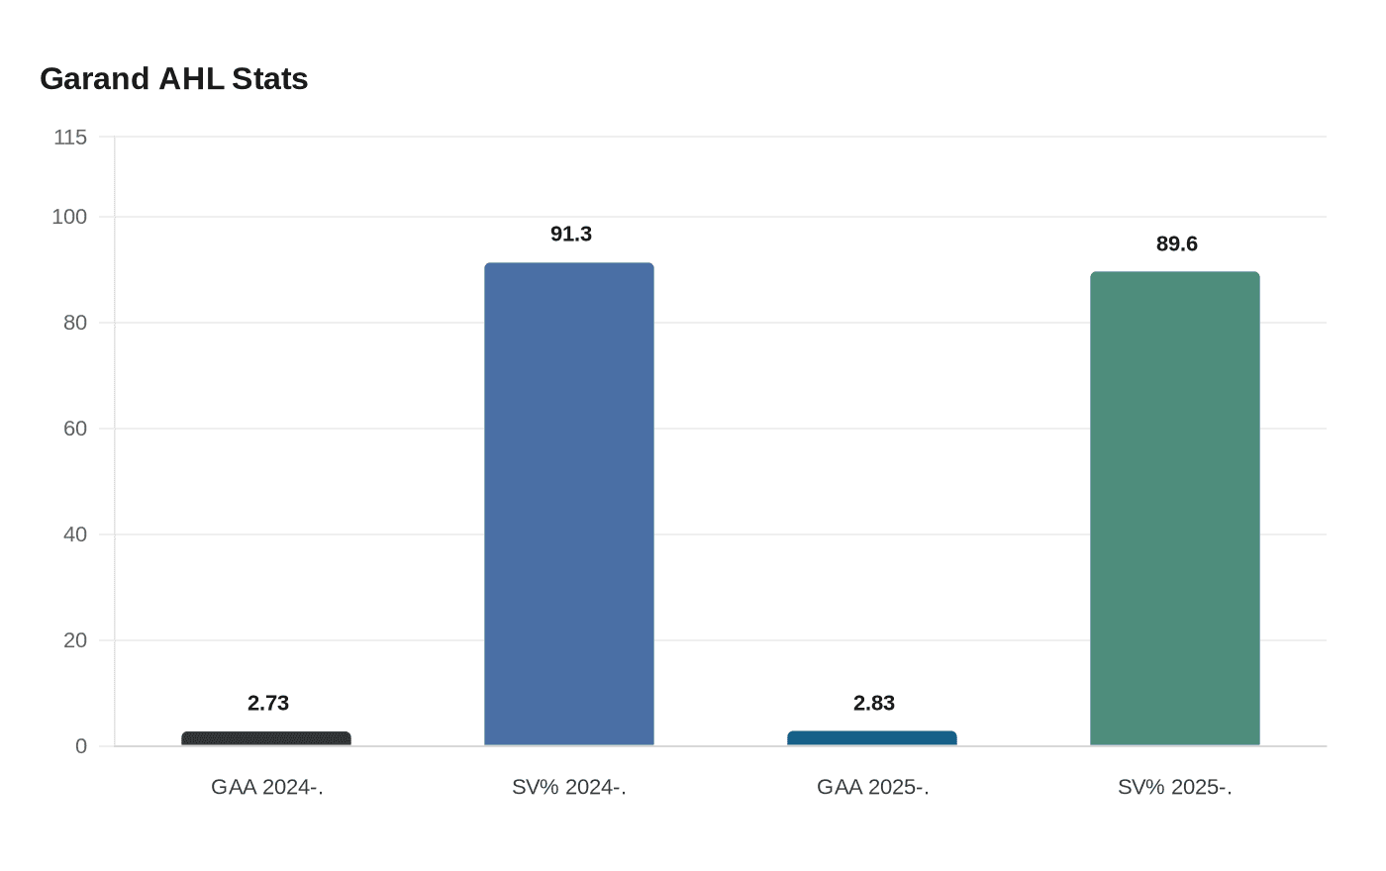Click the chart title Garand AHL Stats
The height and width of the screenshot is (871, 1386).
click(x=173, y=79)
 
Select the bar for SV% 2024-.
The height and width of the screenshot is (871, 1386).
click(x=569, y=505)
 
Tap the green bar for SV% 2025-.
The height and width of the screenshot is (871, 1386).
click(x=1175, y=509)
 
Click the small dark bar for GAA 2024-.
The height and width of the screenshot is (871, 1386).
click(x=266, y=738)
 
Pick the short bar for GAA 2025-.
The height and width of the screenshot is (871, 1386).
click(x=872, y=738)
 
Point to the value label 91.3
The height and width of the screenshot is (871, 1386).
click(x=571, y=235)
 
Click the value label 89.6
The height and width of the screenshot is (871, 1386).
click(x=1177, y=244)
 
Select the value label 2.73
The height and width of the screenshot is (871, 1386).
click(x=268, y=704)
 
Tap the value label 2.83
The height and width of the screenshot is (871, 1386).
click(x=874, y=704)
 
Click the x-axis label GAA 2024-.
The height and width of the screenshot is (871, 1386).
click(x=267, y=788)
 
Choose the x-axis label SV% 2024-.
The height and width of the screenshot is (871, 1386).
click(x=569, y=788)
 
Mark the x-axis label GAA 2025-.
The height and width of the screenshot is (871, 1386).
click(x=873, y=788)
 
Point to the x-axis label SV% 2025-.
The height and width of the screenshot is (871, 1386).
click(x=1175, y=788)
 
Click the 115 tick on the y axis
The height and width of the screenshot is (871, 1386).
click(x=70, y=138)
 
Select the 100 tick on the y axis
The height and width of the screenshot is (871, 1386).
click(x=69, y=217)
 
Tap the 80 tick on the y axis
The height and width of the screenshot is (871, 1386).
click(x=75, y=323)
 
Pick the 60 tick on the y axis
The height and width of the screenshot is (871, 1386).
click(x=75, y=429)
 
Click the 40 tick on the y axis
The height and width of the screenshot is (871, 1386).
click(x=75, y=534)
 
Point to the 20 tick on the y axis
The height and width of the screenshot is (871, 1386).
click(x=75, y=640)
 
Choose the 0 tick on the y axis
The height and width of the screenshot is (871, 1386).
click(x=81, y=746)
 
